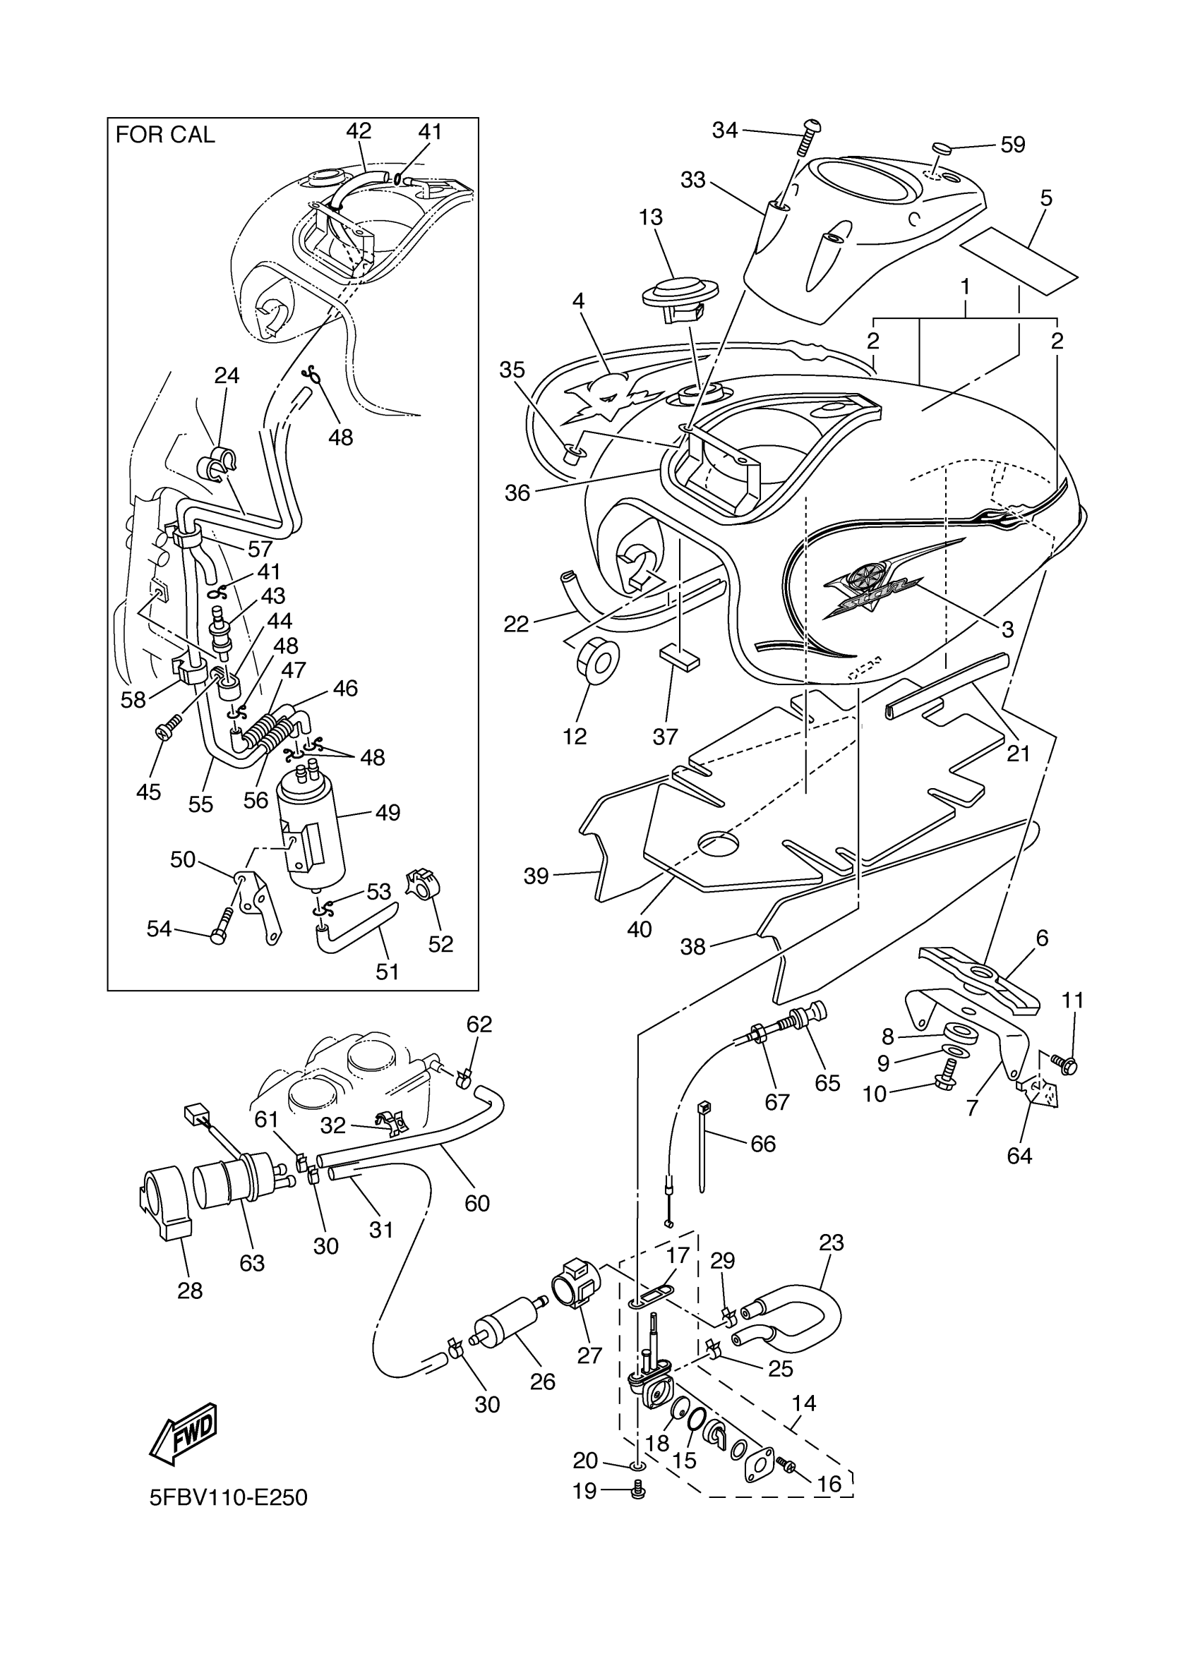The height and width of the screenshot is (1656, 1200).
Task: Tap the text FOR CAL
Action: pyautogui.click(x=165, y=135)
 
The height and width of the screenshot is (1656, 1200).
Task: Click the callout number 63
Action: pyautogui.click(x=252, y=1262)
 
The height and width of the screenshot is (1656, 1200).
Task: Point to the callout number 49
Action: pyautogui.click(x=387, y=812)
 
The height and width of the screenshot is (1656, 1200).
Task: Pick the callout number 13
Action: pyautogui.click(x=650, y=217)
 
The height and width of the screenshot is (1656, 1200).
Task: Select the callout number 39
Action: pyautogui.click(x=536, y=876)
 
